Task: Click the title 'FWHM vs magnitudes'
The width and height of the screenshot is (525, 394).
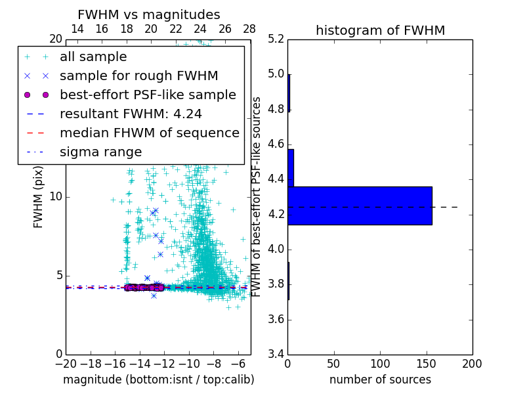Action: tap(149, 14)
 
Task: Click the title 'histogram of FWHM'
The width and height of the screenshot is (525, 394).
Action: tap(380, 30)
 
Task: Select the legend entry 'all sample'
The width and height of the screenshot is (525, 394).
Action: tap(93, 57)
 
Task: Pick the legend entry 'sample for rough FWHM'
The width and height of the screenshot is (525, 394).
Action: tap(138, 76)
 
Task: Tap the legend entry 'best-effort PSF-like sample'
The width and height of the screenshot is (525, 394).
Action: tap(148, 95)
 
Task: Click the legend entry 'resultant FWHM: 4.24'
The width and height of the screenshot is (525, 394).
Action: tap(140, 114)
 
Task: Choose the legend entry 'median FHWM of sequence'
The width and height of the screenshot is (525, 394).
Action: tap(149, 133)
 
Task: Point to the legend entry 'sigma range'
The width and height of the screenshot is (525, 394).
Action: tap(100, 152)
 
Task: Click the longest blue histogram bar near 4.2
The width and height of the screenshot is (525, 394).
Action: tap(360, 206)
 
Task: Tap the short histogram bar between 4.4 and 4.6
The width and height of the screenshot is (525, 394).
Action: tap(291, 168)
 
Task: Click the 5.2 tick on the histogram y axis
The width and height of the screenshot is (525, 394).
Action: tap(276, 39)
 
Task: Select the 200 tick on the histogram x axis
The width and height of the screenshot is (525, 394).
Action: tap(472, 363)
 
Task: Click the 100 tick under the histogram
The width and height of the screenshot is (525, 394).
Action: tap(380, 363)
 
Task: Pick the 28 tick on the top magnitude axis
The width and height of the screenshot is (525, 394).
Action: tap(249, 29)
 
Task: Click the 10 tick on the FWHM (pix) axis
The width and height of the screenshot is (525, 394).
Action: tap(56, 196)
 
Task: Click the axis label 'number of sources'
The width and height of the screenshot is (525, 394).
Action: tap(380, 380)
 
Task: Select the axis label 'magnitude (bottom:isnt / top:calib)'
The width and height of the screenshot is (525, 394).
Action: tap(158, 380)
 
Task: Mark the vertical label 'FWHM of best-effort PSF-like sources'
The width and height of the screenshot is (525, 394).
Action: tap(257, 196)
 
